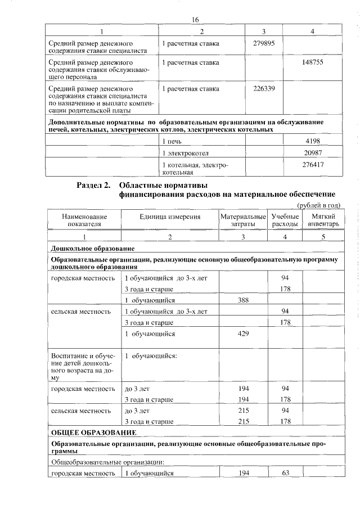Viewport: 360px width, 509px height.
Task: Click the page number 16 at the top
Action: (195, 20)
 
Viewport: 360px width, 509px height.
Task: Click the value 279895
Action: (264, 43)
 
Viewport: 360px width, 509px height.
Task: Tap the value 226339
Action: (264, 88)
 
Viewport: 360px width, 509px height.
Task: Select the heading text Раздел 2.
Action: (93, 186)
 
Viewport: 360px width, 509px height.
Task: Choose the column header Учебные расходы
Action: (285, 220)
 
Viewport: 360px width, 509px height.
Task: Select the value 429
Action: (243, 334)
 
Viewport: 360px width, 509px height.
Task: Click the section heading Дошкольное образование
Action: (92, 248)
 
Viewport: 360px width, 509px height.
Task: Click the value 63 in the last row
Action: (285, 473)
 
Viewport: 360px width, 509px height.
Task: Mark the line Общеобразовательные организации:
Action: (107, 462)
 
